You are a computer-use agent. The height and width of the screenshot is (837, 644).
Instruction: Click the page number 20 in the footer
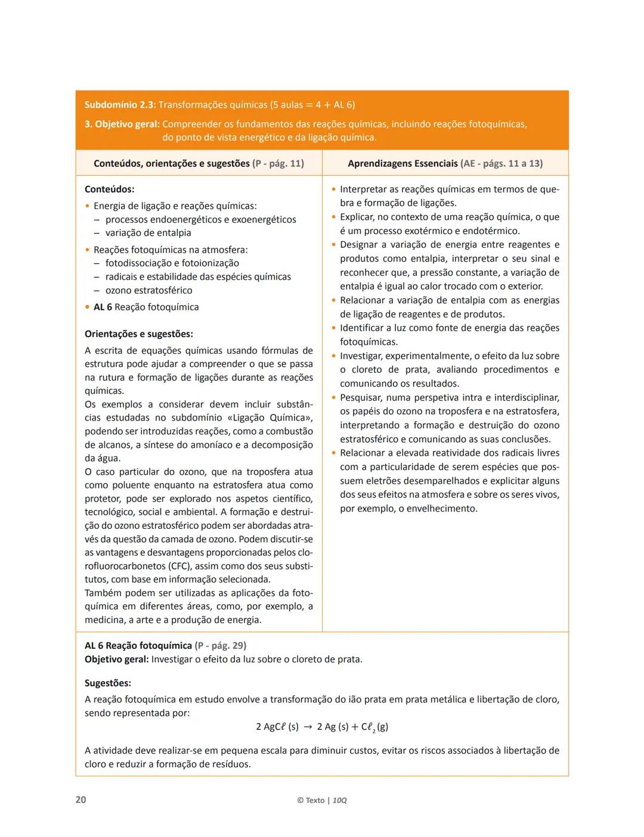tap(80, 799)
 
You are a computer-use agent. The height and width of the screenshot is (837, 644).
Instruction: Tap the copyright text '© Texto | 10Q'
tap(321, 800)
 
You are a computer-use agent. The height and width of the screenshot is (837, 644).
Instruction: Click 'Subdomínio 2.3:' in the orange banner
tap(120, 105)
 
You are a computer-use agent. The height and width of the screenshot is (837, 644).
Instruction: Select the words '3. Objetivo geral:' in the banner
tap(122, 125)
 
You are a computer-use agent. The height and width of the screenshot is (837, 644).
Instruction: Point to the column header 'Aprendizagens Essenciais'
tap(402, 163)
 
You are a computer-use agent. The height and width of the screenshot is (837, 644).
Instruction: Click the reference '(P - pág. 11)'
tap(278, 163)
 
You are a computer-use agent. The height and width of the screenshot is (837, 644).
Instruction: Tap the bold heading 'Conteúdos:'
tap(109, 189)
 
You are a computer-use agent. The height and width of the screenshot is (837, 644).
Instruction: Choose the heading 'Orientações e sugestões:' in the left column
tap(138, 334)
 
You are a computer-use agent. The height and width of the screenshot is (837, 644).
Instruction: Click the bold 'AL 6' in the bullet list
tap(103, 307)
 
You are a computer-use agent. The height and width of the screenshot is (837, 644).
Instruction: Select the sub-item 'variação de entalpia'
tap(148, 233)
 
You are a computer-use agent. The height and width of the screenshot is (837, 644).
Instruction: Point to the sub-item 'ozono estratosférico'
tap(148, 290)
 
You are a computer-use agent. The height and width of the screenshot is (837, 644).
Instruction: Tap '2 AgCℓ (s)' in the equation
tap(277, 727)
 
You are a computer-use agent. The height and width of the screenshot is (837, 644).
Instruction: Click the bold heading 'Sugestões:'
tap(108, 683)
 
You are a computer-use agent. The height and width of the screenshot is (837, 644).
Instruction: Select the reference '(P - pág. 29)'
tap(221, 645)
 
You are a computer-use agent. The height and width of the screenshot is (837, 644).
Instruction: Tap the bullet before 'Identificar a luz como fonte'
tap(334, 328)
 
